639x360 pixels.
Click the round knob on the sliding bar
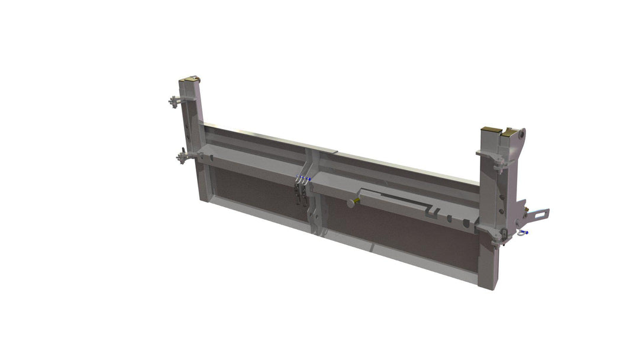[352, 202]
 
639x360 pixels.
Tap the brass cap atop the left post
[192, 79]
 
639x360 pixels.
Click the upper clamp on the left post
[175, 101]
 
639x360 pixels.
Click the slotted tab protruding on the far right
[538, 213]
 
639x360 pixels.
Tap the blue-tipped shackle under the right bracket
[522, 233]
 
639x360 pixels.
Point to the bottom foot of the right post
[486, 283]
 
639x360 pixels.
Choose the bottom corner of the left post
[204, 197]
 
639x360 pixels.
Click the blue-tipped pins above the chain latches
[305, 178]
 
